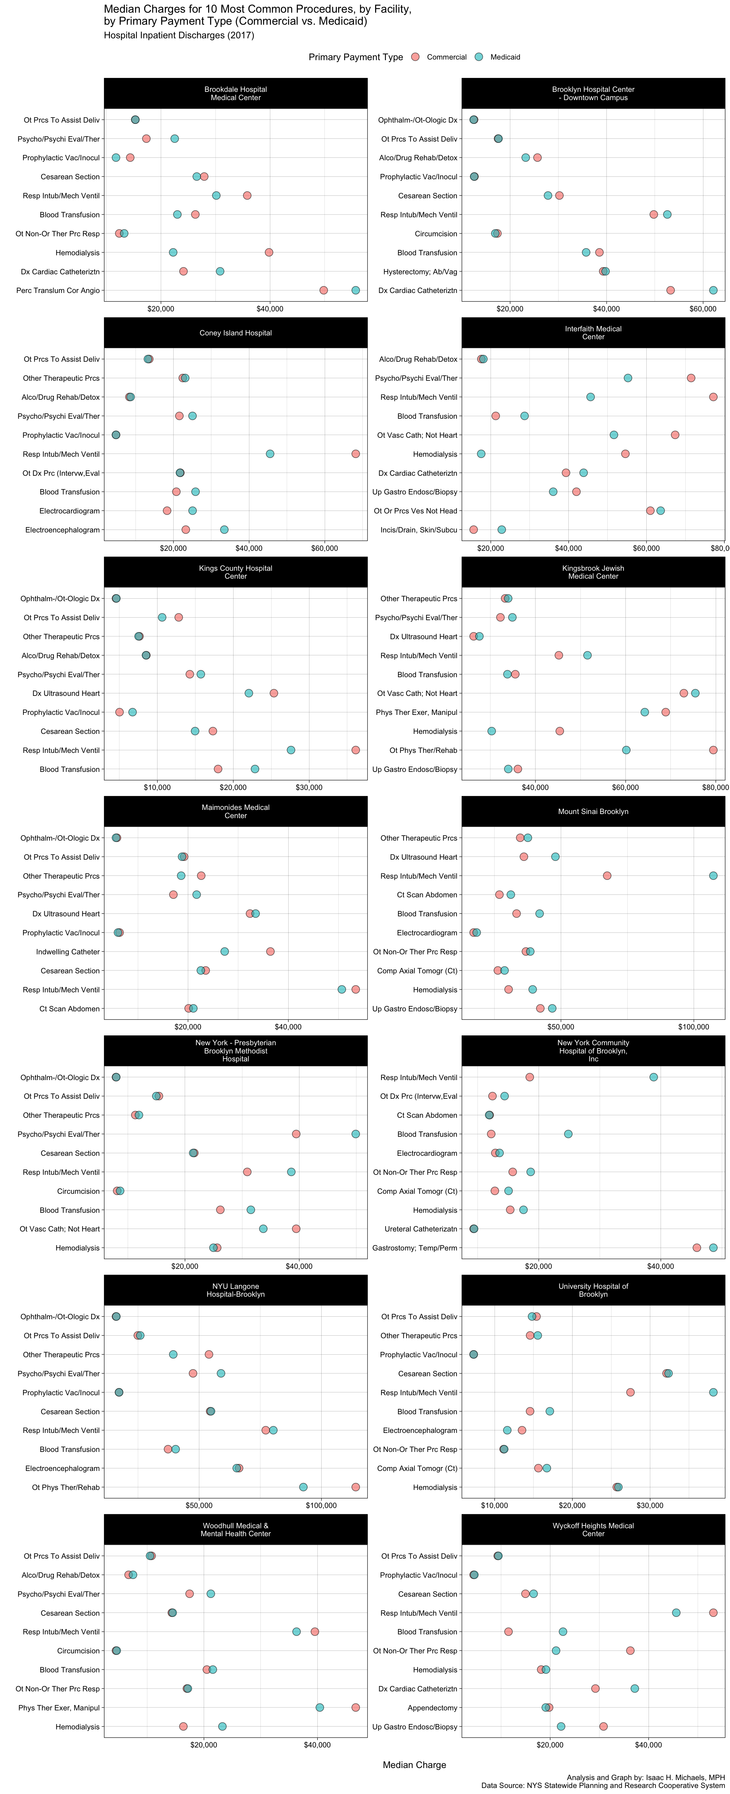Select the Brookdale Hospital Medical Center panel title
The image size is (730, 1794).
pos(235,93)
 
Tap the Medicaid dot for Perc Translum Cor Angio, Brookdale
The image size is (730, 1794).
pos(355,290)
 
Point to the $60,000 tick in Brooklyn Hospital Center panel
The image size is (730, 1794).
pos(703,309)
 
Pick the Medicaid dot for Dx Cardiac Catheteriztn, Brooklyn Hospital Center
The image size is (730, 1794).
pos(713,290)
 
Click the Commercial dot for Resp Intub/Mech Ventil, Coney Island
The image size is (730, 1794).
pos(355,454)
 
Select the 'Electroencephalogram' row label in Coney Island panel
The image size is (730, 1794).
pos(63,530)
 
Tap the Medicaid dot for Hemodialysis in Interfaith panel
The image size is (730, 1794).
pos(481,454)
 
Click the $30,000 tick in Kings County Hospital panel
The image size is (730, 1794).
pos(309,788)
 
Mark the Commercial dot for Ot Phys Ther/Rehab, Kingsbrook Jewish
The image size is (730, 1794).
pos(713,750)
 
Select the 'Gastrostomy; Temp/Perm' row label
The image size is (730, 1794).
pos(415,1248)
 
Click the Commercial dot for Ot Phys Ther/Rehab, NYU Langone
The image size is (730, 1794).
pos(355,1487)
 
